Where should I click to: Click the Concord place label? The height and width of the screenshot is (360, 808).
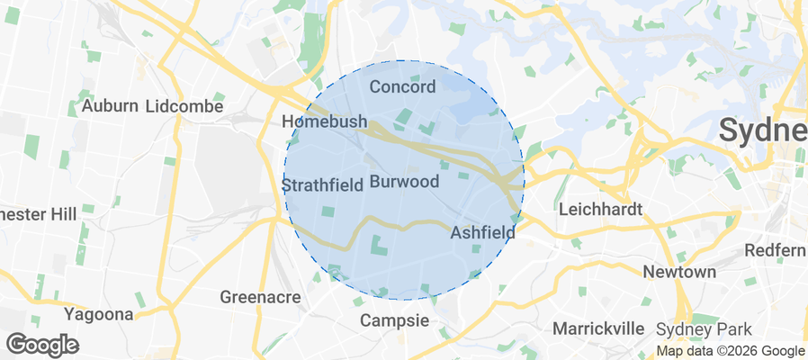click(x=402, y=87)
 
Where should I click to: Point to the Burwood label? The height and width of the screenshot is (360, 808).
click(x=404, y=182)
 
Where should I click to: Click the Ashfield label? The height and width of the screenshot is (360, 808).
click(x=482, y=232)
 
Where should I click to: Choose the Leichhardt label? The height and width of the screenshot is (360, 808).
click(x=600, y=210)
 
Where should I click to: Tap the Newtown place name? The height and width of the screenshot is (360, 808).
click(x=679, y=272)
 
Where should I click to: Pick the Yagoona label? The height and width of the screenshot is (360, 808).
click(x=99, y=314)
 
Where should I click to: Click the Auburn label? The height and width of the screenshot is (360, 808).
click(x=110, y=106)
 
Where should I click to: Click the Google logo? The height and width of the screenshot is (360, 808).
click(x=42, y=345)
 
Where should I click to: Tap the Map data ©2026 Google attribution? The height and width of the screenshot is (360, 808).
click(x=730, y=351)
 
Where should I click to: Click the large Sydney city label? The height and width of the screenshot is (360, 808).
click(x=765, y=131)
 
